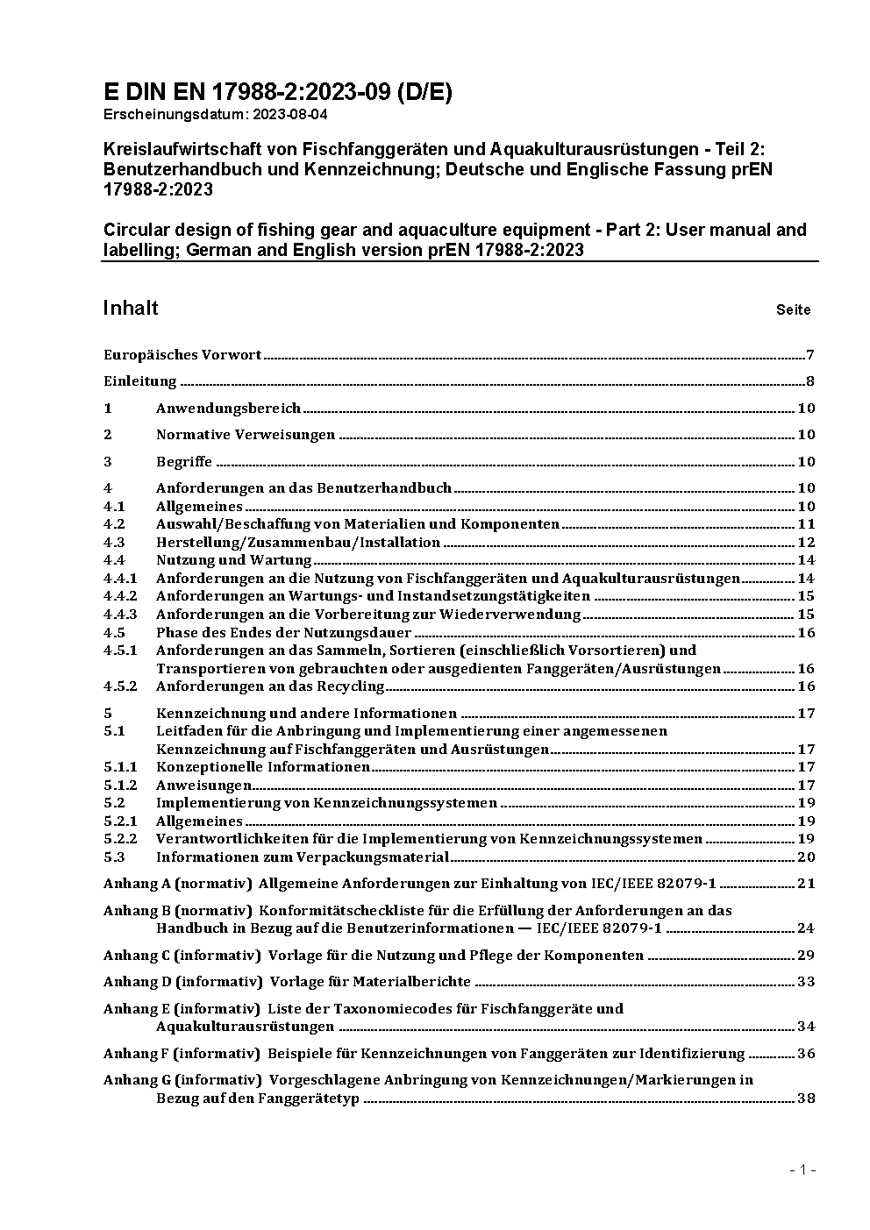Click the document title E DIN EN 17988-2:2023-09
(x=277, y=92)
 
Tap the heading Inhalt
(x=131, y=308)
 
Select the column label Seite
(x=793, y=309)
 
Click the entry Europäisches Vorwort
(x=182, y=355)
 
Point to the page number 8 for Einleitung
(x=810, y=381)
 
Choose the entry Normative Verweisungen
(x=246, y=435)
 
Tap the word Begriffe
(x=184, y=462)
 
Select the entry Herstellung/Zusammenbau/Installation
(x=298, y=543)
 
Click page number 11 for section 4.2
(x=806, y=524)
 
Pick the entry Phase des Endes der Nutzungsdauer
(x=283, y=633)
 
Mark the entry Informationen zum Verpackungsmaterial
(x=303, y=857)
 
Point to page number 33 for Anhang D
(x=806, y=982)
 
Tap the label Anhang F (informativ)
(x=182, y=1054)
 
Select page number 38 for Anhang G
(x=806, y=1098)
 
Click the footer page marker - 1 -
(x=802, y=1170)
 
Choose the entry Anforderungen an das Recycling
(x=270, y=686)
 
